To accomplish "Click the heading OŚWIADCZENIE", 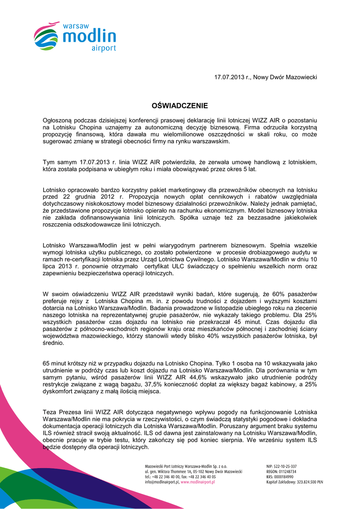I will coord(180,106).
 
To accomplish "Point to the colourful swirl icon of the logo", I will coord(46,36).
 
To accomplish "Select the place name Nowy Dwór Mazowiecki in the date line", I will coord(285,78).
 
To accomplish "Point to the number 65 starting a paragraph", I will coord(47,363).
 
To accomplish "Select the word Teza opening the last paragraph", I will coord(50,413).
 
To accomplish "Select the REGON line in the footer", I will coord(281,471).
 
